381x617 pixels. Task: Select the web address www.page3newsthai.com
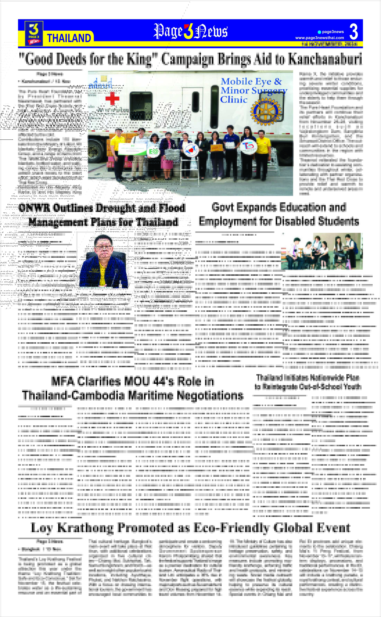click(x=319, y=38)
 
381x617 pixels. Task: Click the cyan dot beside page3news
click(x=319, y=32)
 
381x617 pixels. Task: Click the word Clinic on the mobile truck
click(x=234, y=100)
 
